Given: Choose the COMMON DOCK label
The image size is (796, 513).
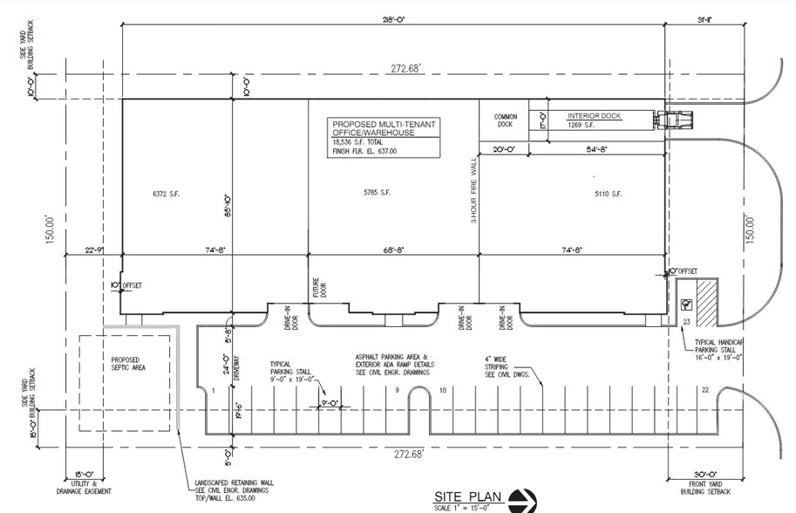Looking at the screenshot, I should pyautogui.click(x=506, y=120).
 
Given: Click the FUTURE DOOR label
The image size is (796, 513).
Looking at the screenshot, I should pyautogui.click(x=318, y=289).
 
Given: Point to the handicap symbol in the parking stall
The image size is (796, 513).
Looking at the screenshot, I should pyautogui.click(x=687, y=304).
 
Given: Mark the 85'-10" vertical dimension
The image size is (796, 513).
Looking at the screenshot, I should pyautogui.click(x=228, y=205).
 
